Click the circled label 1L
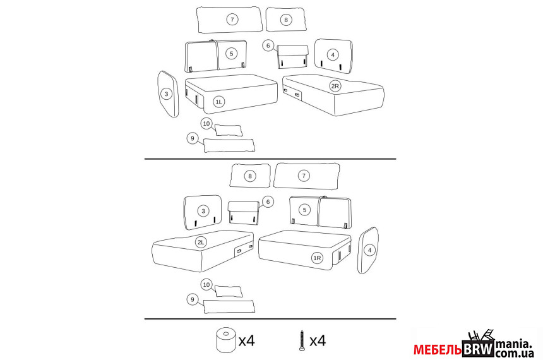(x=219, y=102)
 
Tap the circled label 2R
(x=335, y=86)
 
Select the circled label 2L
(x=201, y=242)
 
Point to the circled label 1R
(x=317, y=258)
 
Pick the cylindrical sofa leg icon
(x=226, y=340)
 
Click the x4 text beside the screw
(x=318, y=341)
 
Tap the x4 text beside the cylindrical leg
(x=247, y=341)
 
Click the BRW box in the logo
(x=479, y=349)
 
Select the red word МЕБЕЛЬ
(x=438, y=350)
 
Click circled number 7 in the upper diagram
(x=232, y=20)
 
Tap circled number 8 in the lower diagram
(x=250, y=176)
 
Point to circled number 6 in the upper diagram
(x=268, y=45)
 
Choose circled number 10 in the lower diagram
(x=206, y=285)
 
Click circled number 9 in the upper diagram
(x=193, y=138)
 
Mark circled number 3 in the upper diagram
(x=167, y=94)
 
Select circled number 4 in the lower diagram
(x=370, y=250)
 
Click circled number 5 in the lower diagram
(x=305, y=210)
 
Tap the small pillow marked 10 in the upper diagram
(x=229, y=130)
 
